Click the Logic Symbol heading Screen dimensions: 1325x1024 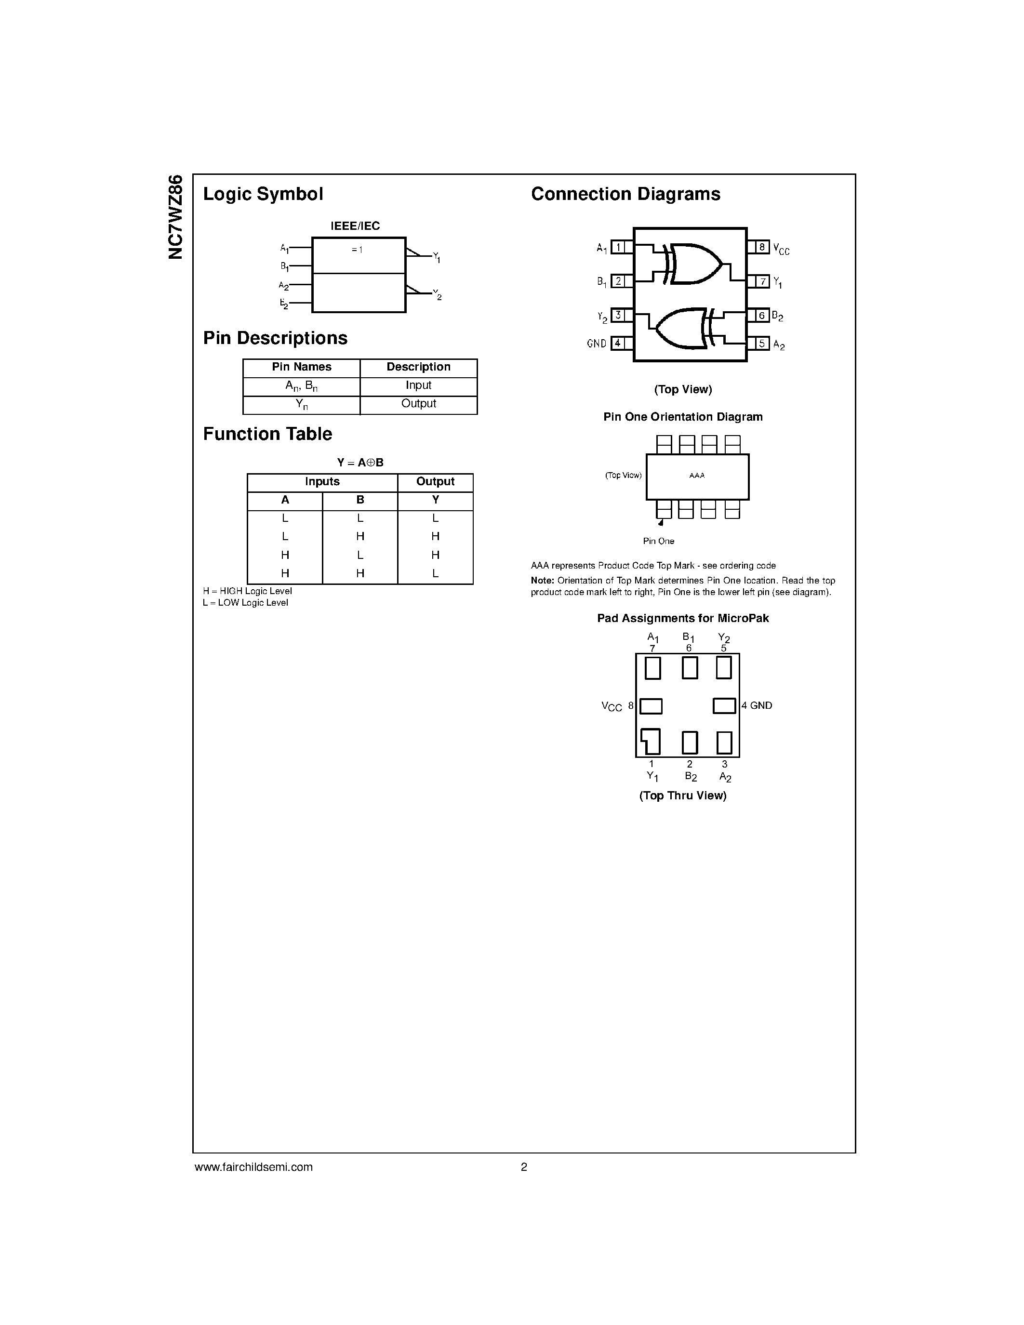[263, 194]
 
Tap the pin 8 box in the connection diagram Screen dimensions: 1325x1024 [762, 247]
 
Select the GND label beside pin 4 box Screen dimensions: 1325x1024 [596, 344]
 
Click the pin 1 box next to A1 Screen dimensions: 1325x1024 [618, 247]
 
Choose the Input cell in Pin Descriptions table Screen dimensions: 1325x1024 [419, 386]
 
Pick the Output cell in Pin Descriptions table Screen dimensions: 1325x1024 [419, 404]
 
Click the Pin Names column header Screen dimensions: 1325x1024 [302, 367]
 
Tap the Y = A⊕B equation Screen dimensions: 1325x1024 [360, 462]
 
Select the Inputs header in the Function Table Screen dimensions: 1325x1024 [322, 482]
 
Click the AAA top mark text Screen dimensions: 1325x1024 [697, 476]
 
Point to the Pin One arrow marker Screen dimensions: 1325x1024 [661, 522]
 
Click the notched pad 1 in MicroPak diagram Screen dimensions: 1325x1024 [651, 742]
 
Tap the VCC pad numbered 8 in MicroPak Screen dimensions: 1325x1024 [651, 706]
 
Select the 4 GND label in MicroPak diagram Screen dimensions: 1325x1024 [757, 705]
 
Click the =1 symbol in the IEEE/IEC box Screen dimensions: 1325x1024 [357, 250]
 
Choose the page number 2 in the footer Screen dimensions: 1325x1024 [524, 1166]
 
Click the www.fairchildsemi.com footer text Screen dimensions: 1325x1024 [253, 1166]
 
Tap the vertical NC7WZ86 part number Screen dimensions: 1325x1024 [175, 217]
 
